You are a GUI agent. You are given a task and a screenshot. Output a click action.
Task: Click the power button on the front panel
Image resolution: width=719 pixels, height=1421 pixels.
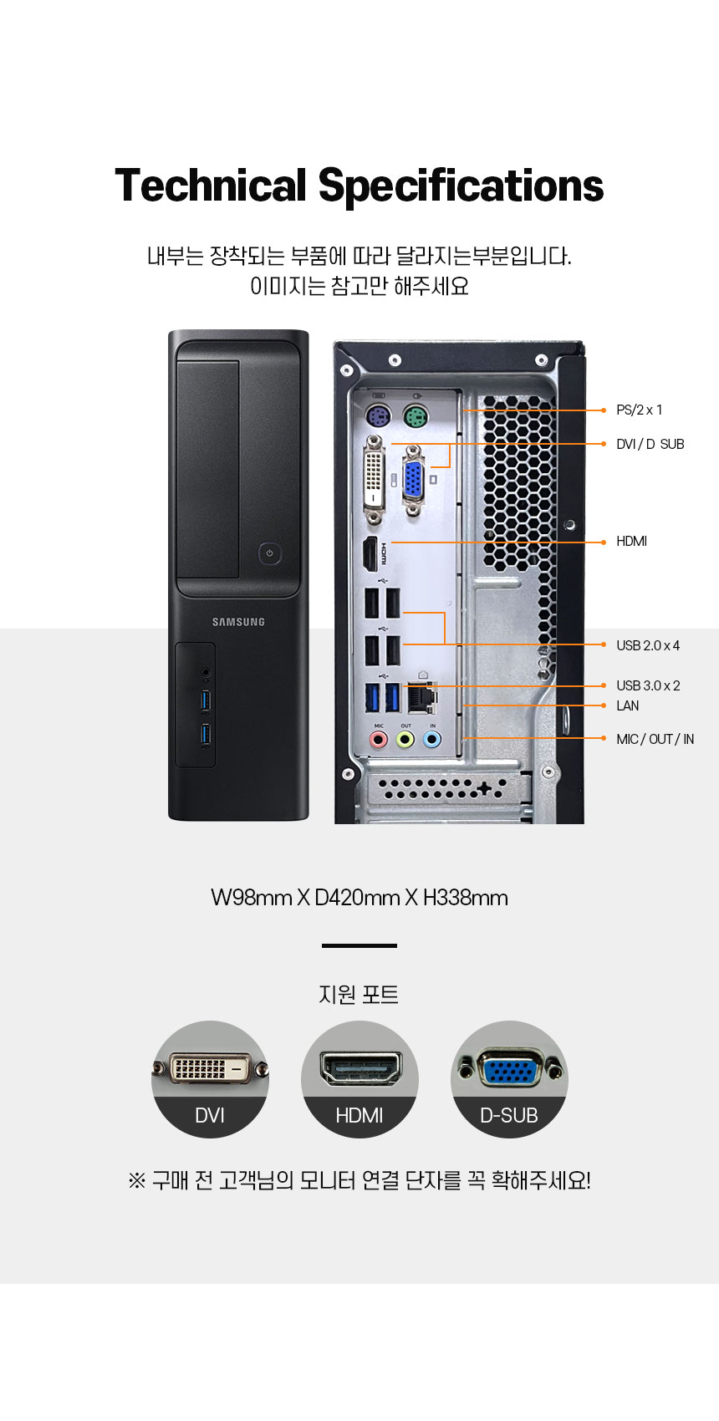click(268, 553)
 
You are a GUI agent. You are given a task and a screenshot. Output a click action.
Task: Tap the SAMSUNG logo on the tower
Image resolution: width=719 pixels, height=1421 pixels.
click(238, 622)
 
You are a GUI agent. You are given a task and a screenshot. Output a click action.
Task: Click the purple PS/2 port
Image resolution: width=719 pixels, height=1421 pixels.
click(379, 416)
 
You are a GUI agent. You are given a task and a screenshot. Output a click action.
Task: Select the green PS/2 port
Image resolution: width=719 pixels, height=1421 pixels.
click(414, 416)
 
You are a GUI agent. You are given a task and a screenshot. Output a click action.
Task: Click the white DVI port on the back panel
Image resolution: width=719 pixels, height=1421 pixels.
click(374, 480)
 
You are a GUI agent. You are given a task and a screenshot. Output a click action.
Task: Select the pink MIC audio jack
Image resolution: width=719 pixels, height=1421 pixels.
click(379, 739)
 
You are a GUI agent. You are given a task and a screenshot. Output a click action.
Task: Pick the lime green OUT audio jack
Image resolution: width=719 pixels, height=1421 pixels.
click(405, 739)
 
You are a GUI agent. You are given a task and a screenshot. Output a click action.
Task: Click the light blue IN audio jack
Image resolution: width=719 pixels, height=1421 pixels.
click(432, 739)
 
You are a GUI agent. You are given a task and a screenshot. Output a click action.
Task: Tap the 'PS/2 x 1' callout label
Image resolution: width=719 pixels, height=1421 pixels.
click(639, 410)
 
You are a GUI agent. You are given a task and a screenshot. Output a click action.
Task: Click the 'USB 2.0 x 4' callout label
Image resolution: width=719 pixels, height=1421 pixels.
click(648, 645)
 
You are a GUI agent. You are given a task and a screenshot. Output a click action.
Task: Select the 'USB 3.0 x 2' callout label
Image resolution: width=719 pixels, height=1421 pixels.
click(648, 685)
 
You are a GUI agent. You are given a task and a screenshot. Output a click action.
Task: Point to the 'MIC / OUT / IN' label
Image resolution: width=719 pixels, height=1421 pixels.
click(655, 739)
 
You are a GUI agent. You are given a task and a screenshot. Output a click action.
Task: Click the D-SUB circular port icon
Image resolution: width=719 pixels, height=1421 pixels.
click(509, 1078)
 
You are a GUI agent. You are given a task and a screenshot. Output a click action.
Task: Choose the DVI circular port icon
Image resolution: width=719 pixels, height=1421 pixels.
click(210, 1078)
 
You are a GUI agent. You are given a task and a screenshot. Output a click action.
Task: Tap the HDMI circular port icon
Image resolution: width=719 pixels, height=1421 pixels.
click(359, 1078)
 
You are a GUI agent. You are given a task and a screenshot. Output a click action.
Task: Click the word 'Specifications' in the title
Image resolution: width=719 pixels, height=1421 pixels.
click(461, 186)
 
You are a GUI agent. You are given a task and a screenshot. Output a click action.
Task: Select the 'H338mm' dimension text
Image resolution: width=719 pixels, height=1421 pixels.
click(466, 898)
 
